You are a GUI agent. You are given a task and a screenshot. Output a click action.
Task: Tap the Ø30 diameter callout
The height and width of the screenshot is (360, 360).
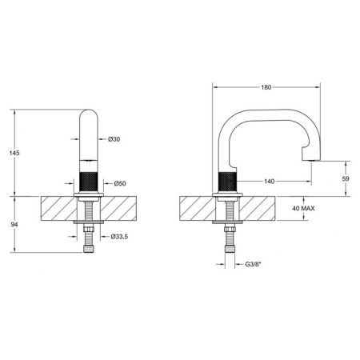(x=114, y=141)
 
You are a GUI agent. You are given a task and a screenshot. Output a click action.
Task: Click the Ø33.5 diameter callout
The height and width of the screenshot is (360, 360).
(x=120, y=237)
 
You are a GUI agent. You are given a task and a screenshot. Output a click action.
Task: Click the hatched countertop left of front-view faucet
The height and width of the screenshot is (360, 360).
(x=56, y=210)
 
